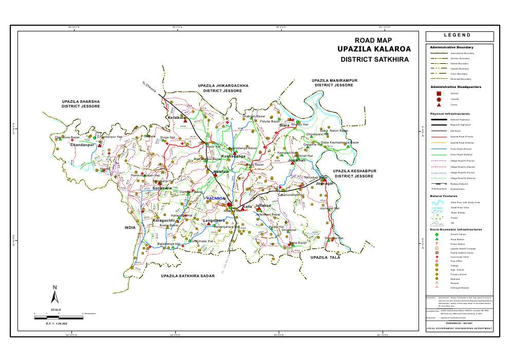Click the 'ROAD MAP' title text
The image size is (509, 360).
(x=373, y=40)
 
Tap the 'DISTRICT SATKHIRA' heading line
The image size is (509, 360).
(x=374, y=60)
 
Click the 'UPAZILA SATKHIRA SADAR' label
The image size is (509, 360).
(x=187, y=276)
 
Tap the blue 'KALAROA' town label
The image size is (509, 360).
(x=215, y=198)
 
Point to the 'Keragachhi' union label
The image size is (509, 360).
(x=165, y=220)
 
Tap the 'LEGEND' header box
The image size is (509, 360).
(x=459, y=36)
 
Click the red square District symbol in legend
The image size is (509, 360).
(x=439, y=93)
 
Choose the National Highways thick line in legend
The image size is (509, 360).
(x=439, y=119)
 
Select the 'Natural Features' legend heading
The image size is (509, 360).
(x=444, y=196)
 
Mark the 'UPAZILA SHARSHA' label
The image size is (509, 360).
(x=81, y=101)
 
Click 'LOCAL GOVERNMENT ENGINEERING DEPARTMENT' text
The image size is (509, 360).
(x=459, y=328)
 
